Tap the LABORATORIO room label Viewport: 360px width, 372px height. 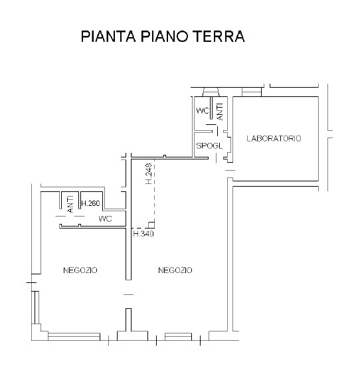click(274, 139)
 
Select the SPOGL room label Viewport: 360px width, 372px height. click(207, 145)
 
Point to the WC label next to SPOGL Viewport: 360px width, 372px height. click(202, 110)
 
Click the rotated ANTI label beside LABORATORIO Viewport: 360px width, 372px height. click(220, 111)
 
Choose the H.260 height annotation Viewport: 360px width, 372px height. click(90, 203)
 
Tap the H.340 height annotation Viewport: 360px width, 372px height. click(143, 234)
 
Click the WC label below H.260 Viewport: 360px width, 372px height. click(105, 219)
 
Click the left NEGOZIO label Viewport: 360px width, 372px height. click(80, 270)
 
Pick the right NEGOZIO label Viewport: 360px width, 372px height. click(175, 270)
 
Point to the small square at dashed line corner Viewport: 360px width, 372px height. click(151, 225)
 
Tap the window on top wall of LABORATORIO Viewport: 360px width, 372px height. click(251, 91)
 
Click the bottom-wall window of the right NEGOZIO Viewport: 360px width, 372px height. click(177, 335)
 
